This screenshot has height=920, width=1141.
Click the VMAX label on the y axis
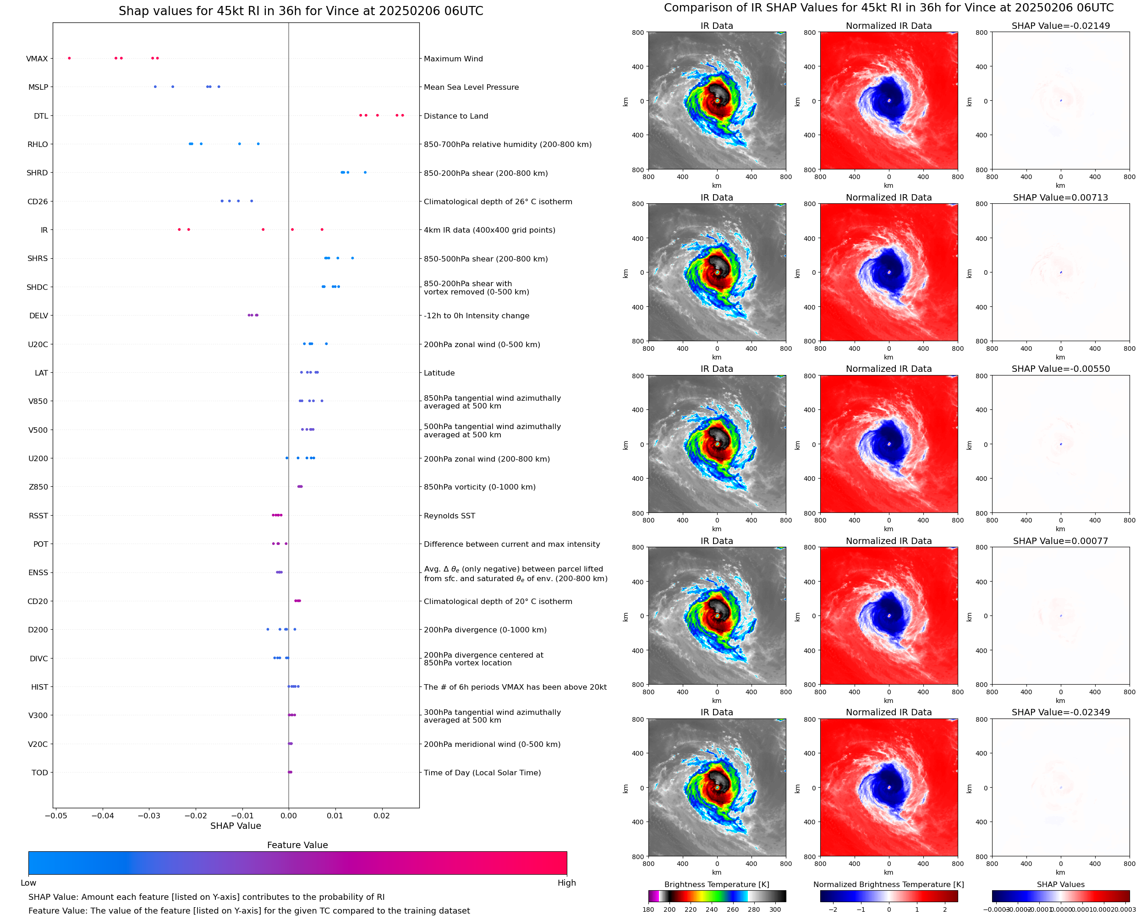pyautogui.click(x=37, y=59)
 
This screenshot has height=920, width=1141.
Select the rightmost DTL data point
pyautogui.click(x=402, y=115)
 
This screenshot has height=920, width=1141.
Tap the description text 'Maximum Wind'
pyautogui.click(x=453, y=59)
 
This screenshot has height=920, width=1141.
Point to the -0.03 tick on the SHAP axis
pyautogui.click(x=149, y=815)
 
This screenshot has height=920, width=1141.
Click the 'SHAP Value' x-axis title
pyautogui.click(x=236, y=826)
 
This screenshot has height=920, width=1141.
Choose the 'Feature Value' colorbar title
pyautogui.click(x=297, y=845)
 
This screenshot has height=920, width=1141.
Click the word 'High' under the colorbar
pyautogui.click(x=566, y=882)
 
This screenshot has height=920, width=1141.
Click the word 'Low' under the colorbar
pyautogui.click(x=28, y=882)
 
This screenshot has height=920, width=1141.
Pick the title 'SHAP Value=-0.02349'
pyautogui.click(x=1060, y=712)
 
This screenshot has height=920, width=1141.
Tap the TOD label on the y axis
pyautogui.click(x=39, y=772)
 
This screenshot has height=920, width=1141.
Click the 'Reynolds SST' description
pyautogui.click(x=449, y=516)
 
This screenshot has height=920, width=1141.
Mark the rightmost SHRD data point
pyautogui.click(x=365, y=172)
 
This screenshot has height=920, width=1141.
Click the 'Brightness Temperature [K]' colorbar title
pyautogui.click(x=716, y=884)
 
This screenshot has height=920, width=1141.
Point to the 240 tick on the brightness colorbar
pyautogui.click(x=711, y=909)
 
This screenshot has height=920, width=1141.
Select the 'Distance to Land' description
pyautogui.click(x=455, y=116)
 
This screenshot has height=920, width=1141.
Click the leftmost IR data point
pyautogui.click(x=179, y=229)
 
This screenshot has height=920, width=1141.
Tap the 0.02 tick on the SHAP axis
pyautogui.click(x=382, y=815)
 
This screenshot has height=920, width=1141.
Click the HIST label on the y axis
pyautogui.click(x=39, y=687)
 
